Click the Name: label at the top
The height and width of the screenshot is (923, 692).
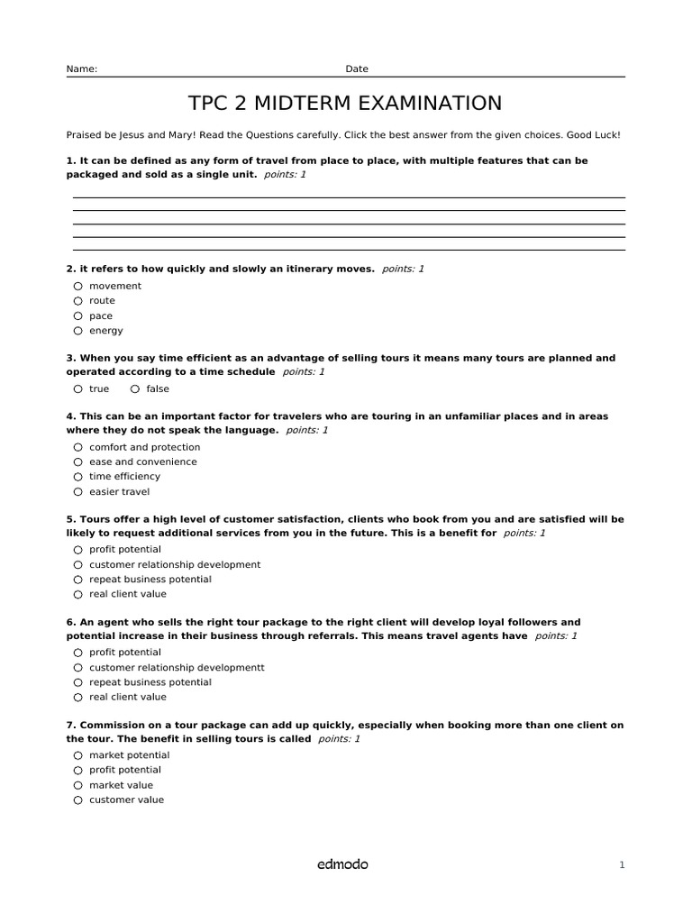pos(82,69)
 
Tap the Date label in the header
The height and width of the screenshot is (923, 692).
pos(357,69)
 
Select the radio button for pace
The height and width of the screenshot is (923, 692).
pos(78,315)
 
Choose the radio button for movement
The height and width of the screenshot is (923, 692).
pos(78,286)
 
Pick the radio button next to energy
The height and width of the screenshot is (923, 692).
pos(78,331)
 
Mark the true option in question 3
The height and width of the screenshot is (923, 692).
pos(78,389)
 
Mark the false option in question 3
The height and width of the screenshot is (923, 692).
pos(135,389)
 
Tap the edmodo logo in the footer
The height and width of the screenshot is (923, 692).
pos(342,864)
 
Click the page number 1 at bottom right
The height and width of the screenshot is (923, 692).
pos(622,865)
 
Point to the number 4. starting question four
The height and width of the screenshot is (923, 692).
pos(71,416)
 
